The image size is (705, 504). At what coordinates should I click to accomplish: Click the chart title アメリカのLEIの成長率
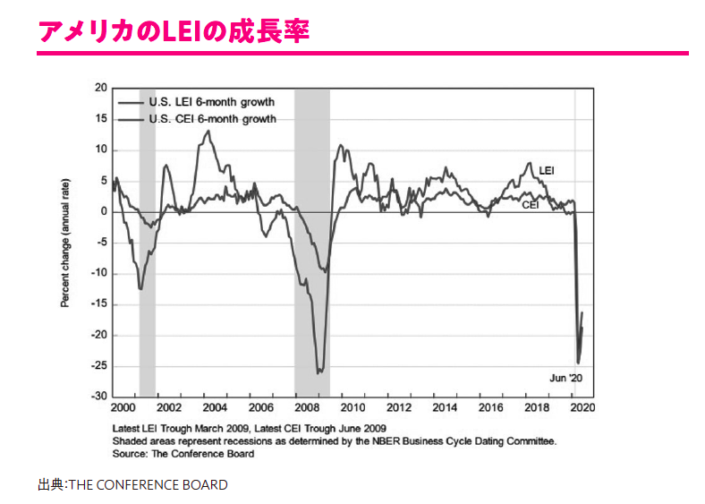coord(174,30)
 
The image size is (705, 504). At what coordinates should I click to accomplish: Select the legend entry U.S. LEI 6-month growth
coord(211,103)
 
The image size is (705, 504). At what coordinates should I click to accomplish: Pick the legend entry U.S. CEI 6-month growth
coord(211,118)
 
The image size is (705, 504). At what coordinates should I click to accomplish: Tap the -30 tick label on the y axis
coord(98,397)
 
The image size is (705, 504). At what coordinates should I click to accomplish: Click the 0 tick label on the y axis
coord(104,212)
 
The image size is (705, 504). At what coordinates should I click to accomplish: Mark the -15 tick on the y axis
coord(98,304)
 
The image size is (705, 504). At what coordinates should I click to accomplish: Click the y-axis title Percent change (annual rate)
coord(65,243)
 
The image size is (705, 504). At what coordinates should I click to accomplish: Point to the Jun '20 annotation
coord(565,378)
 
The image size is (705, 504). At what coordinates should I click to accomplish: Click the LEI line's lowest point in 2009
coord(319,372)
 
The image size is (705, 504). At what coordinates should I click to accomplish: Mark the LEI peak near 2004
coord(208,131)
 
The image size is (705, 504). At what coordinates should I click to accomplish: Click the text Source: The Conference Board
coord(183,454)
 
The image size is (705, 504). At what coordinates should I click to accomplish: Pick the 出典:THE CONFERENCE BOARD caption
coord(132,485)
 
